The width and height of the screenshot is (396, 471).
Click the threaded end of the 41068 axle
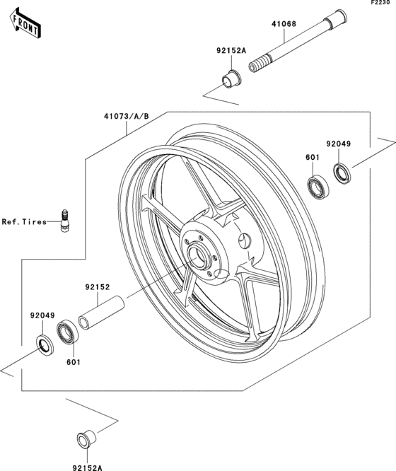pos(259,66)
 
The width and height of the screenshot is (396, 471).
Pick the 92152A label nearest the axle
pos(231,51)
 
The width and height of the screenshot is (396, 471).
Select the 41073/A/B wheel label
pos(126,116)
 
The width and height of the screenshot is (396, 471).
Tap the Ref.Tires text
pos(23,222)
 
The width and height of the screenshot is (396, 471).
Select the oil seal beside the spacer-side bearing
pos(44,345)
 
